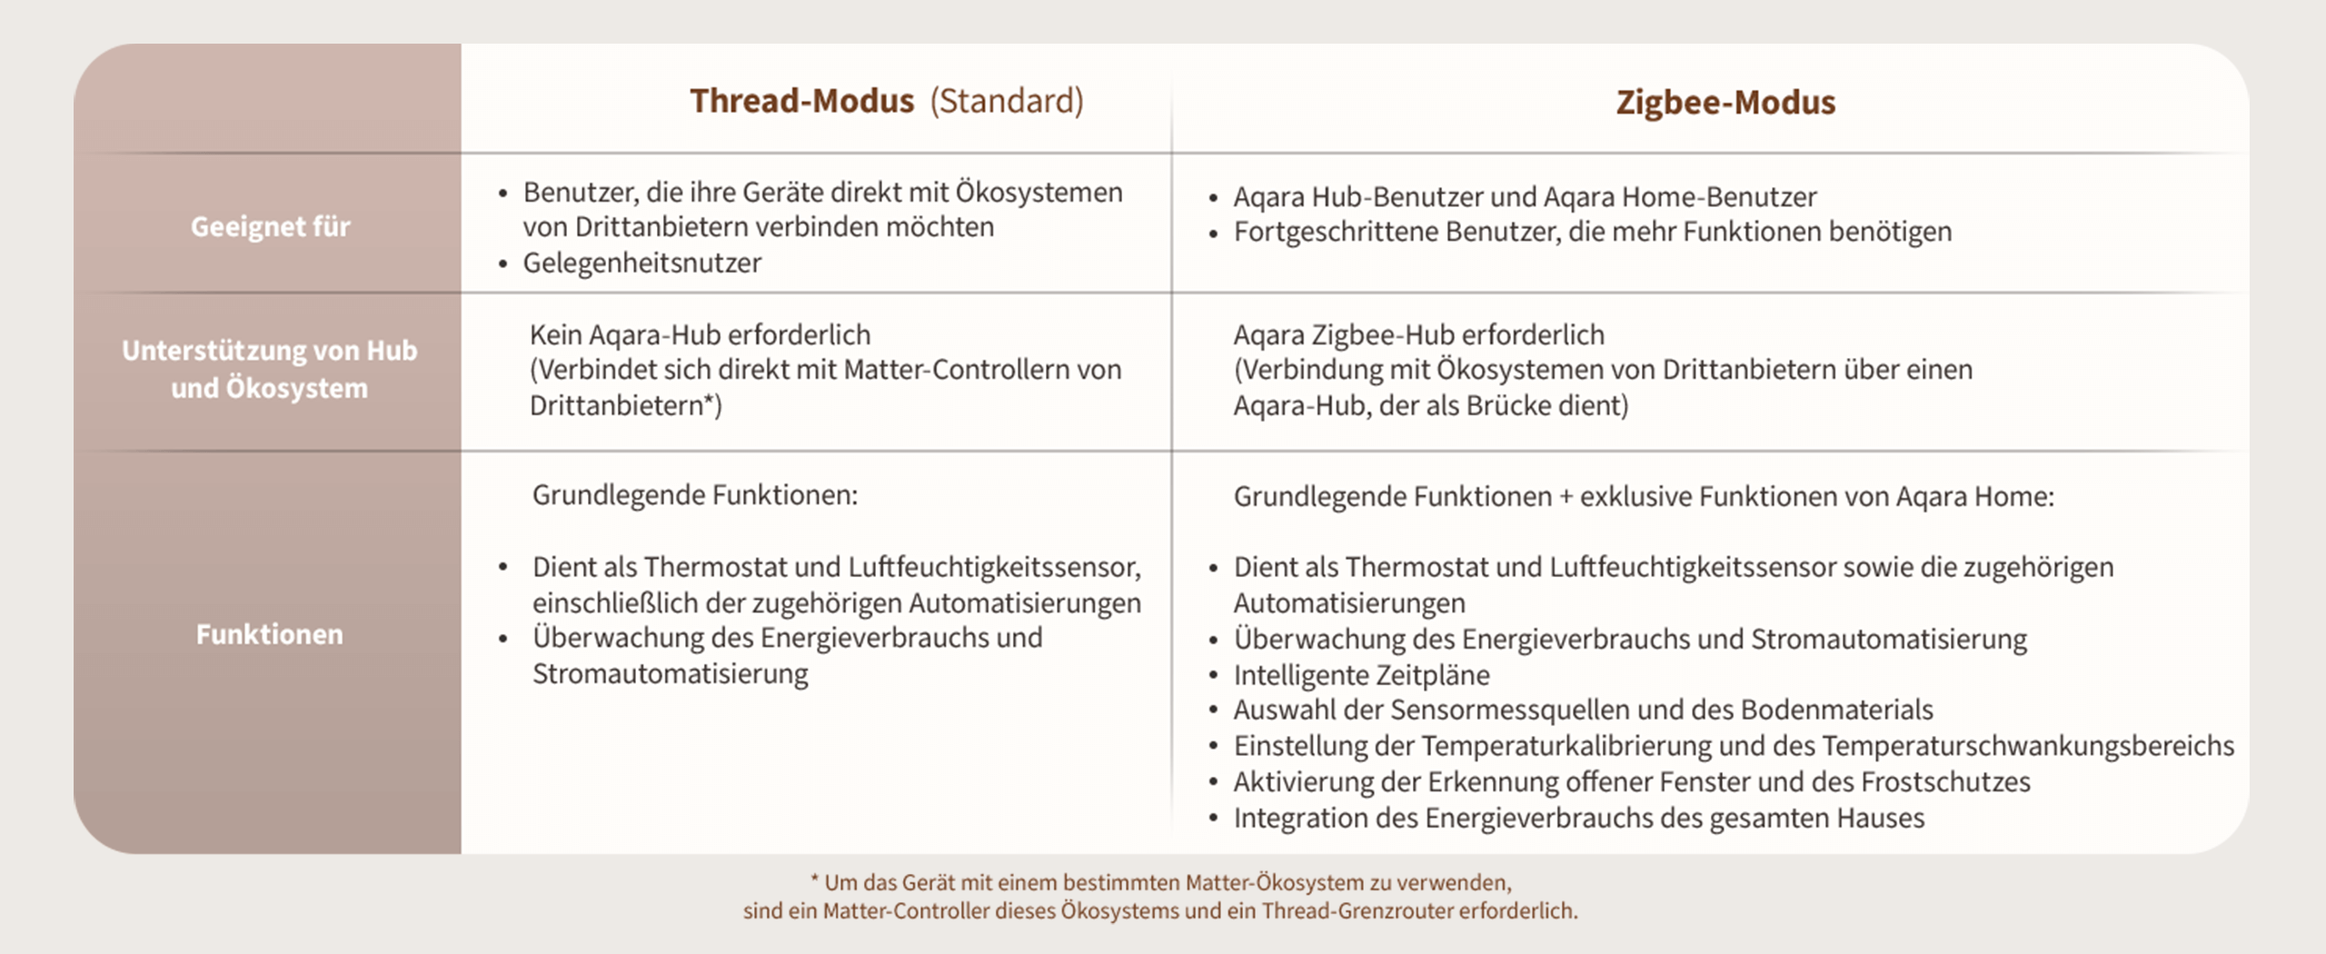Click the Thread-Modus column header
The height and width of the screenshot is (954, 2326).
[x=801, y=101]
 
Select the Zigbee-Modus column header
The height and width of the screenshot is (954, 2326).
[x=1725, y=103]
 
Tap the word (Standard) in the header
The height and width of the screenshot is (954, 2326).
[x=1007, y=101]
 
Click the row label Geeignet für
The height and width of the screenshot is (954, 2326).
[x=270, y=226]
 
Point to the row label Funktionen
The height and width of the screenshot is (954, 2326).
[x=270, y=634]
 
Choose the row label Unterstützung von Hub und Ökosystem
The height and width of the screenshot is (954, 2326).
[x=270, y=369]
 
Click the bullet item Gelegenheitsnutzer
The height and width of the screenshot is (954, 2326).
[x=641, y=263]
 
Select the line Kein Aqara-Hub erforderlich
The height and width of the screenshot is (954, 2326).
[x=700, y=334]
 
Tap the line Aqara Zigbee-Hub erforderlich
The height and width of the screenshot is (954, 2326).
[x=1418, y=334]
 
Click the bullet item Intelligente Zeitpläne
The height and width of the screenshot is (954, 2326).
[x=1361, y=675]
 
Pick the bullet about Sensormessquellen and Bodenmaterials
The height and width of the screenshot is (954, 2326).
[x=1583, y=710]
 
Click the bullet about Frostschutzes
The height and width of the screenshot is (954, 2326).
[x=1631, y=781]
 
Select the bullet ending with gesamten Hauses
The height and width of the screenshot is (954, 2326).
[x=1578, y=818]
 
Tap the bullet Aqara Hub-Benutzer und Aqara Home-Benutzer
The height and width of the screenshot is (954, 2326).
[x=1525, y=196]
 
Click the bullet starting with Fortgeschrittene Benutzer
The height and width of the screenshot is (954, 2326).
[x=1592, y=232]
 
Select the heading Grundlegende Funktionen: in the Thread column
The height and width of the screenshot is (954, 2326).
[x=694, y=495]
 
